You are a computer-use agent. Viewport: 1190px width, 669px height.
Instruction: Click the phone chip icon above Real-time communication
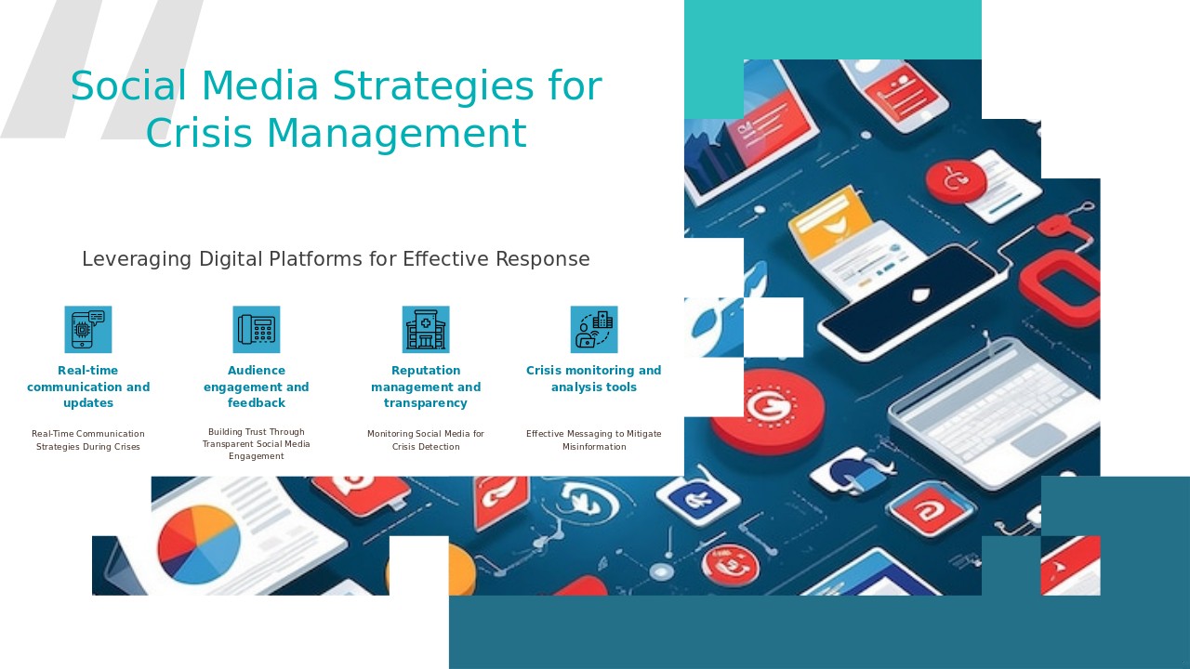(88, 330)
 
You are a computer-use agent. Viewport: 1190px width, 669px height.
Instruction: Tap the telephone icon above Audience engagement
(257, 330)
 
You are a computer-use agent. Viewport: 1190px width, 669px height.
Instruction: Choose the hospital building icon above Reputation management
(426, 330)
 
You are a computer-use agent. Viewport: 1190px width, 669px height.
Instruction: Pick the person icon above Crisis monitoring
(594, 330)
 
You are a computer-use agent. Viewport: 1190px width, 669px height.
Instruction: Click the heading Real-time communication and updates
(88, 387)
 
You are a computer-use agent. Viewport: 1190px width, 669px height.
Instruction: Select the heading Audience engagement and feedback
(257, 387)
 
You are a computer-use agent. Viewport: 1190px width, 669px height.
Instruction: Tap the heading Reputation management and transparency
(426, 387)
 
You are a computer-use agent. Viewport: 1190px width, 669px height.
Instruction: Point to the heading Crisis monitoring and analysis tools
(594, 378)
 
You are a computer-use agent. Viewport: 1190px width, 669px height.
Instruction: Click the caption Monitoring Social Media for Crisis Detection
(426, 440)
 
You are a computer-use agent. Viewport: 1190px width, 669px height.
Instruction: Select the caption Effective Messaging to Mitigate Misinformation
(594, 440)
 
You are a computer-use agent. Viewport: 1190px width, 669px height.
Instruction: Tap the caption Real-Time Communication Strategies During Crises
(88, 440)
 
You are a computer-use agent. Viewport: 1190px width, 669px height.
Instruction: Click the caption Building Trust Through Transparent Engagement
(257, 444)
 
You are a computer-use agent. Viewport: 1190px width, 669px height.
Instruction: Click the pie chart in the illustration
(199, 544)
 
